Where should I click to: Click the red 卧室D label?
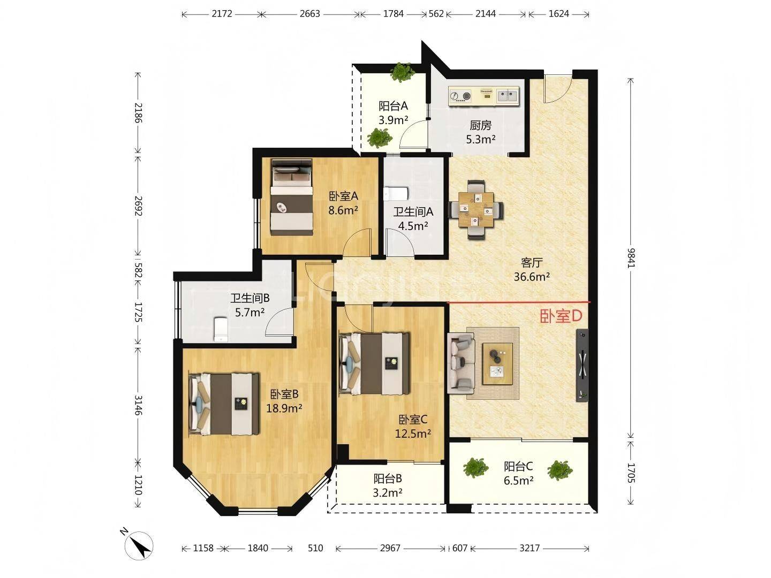click(561, 316)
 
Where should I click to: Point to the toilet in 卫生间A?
click(397, 193)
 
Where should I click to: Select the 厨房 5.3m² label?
click(480, 132)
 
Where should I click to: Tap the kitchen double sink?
click(507, 96)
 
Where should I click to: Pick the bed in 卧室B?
click(224, 404)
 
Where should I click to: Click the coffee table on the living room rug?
click(497, 363)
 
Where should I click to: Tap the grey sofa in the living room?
click(460, 361)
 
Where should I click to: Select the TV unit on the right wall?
click(581, 366)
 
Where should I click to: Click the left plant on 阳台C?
click(475, 467)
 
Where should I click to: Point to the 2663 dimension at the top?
click(309, 14)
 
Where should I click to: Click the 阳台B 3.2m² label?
click(388, 485)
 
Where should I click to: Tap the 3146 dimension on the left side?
click(138, 405)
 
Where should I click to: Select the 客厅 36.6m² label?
click(532, 270)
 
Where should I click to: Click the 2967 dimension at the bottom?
click(390, 548)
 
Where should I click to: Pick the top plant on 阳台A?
click(402, 72)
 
